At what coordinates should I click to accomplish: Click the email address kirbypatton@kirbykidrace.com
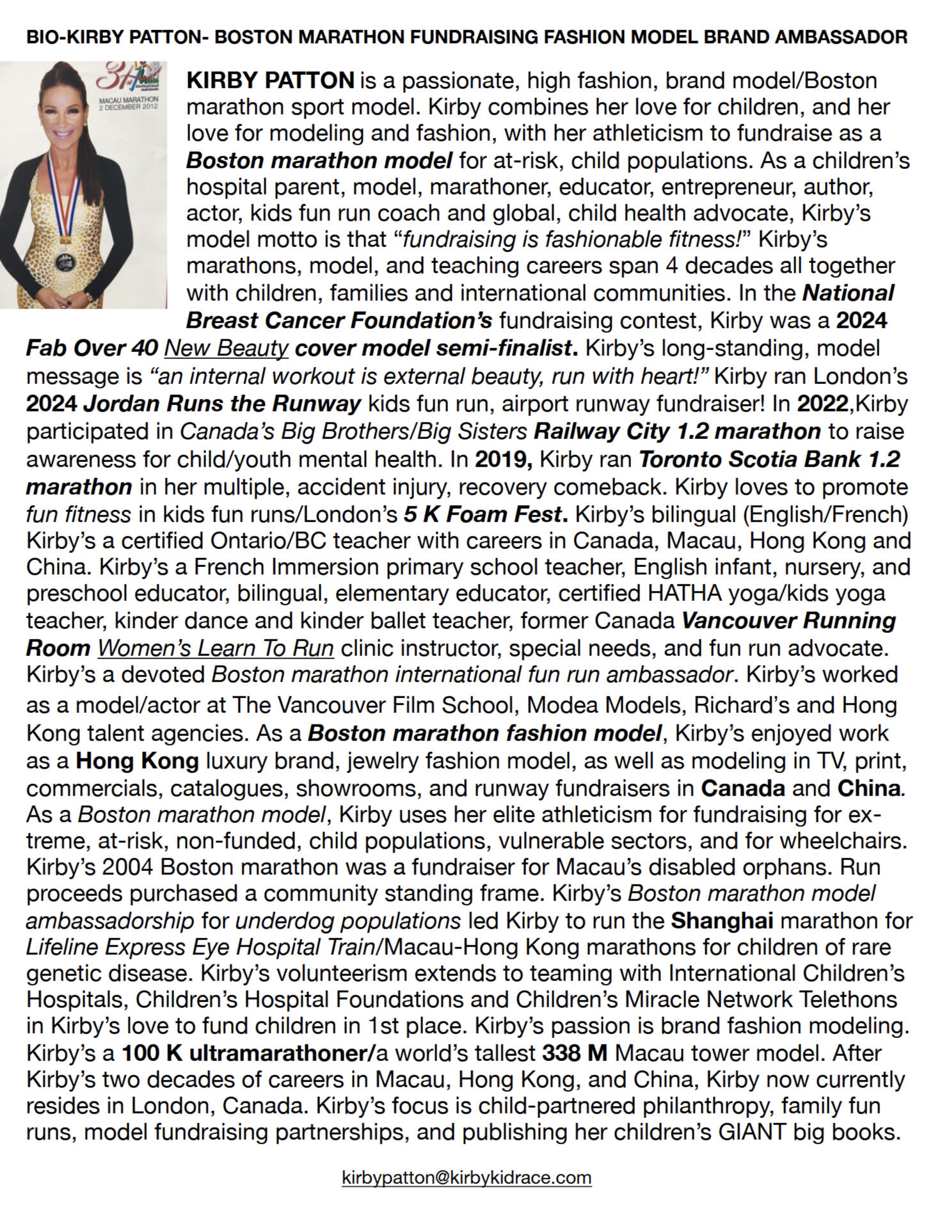coord(467,1177)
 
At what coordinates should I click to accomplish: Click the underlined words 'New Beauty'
coord(227,348)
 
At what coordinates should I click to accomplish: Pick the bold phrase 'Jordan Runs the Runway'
coord(222,404)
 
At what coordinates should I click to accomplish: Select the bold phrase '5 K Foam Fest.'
coord(485,514)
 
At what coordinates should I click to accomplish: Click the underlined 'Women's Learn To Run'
coord(215,648)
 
